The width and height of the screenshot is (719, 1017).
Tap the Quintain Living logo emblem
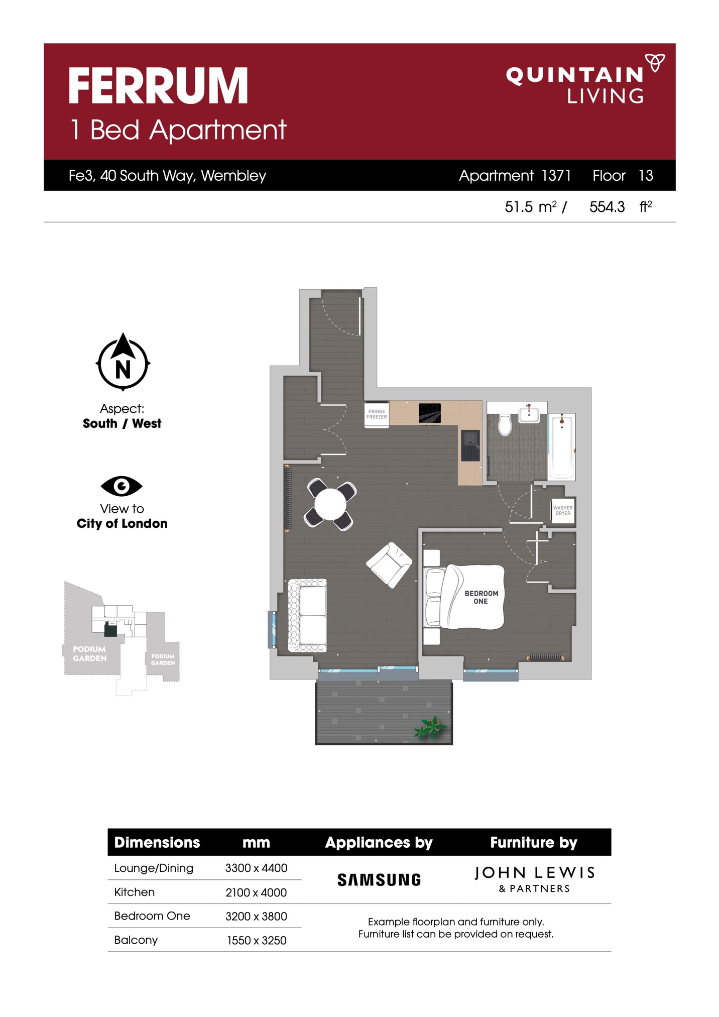655,63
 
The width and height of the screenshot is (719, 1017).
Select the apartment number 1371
556,175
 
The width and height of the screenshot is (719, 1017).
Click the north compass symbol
123,362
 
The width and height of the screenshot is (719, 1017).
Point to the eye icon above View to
122,486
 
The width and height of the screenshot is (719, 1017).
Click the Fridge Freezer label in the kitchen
377,414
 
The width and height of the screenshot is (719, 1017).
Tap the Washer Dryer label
563,511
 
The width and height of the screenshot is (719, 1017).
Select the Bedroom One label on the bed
481,597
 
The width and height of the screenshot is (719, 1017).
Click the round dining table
330,504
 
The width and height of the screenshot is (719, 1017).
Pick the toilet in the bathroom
505,425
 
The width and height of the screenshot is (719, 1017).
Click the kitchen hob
430,413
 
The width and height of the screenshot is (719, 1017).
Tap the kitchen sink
470,445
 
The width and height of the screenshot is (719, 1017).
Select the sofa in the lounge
307,616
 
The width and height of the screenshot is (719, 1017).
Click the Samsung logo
379,880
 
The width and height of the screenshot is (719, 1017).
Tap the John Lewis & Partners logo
535,879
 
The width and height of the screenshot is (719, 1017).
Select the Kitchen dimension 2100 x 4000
256,892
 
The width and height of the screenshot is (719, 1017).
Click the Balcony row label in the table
136,940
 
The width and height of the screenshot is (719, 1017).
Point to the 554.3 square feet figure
607,207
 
